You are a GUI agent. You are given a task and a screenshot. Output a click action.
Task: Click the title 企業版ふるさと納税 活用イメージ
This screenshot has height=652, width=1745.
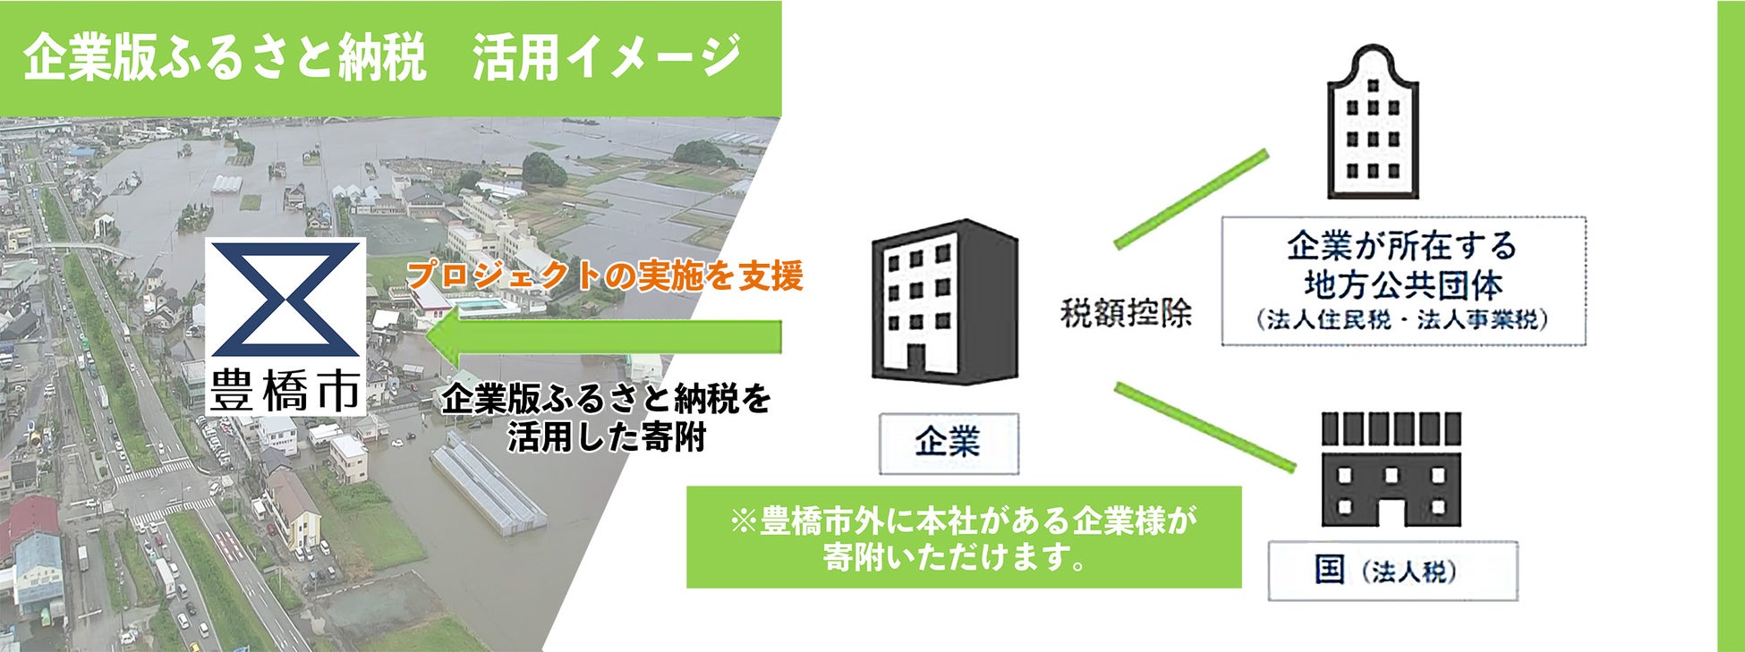tap(382, 57)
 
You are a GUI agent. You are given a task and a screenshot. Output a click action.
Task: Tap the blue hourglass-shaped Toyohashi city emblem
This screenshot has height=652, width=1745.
tap(285, 300)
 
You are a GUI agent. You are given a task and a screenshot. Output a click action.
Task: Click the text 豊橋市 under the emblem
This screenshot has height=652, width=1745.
tap(285, 391)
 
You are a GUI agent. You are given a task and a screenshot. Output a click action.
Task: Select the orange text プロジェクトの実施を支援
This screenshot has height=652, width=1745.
tap(605, 275)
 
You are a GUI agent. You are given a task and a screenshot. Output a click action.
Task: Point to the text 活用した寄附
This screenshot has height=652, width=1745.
tap(607, 438)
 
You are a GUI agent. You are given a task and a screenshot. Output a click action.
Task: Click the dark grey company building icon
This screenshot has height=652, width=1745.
tap(944, 301)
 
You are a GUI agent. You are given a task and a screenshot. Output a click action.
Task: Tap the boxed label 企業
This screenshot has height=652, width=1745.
tap(949, 443)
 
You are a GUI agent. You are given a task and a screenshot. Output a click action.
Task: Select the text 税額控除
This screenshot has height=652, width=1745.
tap(1126, 313)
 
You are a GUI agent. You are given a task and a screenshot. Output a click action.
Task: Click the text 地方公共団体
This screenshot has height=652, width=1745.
tap(1403, 285)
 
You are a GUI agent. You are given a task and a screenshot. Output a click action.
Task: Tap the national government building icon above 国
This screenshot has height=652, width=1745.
tap(1391, 470)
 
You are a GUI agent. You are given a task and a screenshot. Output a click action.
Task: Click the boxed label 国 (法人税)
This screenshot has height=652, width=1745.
tap(1392, 571)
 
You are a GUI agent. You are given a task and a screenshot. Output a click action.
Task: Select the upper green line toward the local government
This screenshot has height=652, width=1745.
tap(1191, 199)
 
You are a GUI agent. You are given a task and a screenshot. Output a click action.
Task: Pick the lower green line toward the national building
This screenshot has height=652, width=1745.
tap(1204, 428)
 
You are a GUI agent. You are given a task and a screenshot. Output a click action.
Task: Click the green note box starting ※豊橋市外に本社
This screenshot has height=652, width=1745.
tap(963, 537)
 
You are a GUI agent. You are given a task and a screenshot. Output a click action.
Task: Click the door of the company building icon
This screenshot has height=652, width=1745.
tap(915, 358)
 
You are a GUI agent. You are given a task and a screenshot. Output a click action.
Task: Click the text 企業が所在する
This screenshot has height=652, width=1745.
tap(1403, 246)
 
